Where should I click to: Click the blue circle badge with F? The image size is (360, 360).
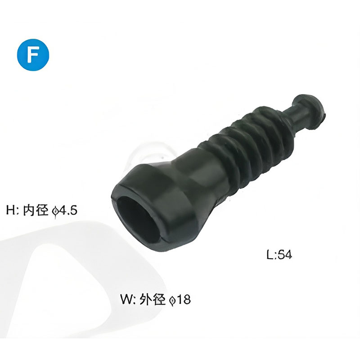[x=33, y=54]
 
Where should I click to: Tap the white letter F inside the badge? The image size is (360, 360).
[x=33, y=55]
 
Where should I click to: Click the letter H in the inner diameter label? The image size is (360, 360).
[x=10, y=210]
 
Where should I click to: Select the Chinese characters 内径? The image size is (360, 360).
[x=36, y=210]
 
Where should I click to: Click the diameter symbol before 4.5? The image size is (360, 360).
[x=54, y=211]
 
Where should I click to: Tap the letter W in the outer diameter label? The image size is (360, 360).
[x=126, y=299]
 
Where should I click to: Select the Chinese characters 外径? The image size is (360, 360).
[x=153, y=299]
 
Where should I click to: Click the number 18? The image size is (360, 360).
[x=184, y=299]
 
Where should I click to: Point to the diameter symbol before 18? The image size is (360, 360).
[x=172, y=300]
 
